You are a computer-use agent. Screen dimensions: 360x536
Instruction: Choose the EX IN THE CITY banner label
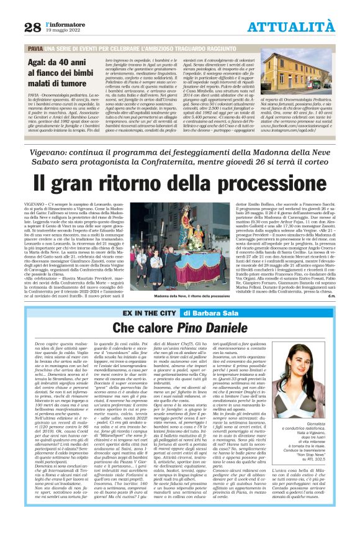pyautogui.click(x=150, y=314)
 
